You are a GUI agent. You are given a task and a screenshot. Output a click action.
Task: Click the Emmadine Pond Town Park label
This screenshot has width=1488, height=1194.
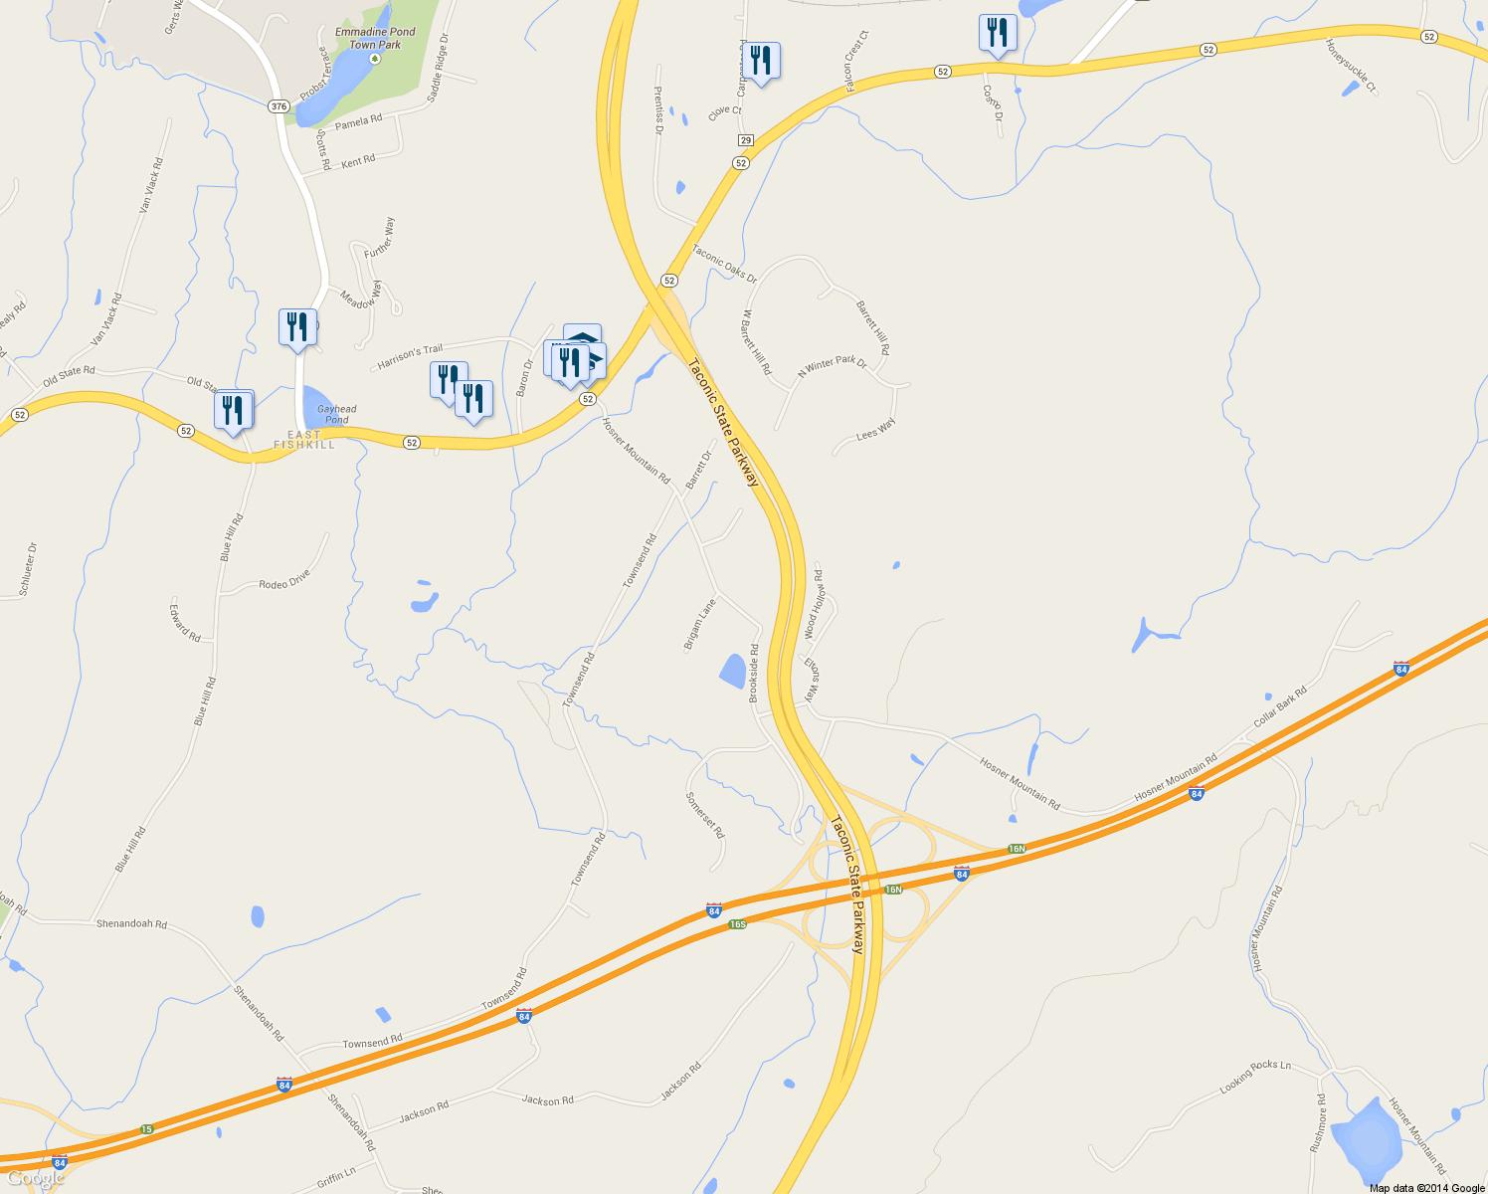click(375, 38)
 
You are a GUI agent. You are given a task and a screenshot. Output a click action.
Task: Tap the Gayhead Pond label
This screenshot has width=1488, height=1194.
click(336, 414)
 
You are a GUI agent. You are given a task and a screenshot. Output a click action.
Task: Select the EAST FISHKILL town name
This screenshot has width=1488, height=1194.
click(304, 440)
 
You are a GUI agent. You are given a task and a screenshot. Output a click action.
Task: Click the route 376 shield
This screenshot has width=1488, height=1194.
click(279, 106)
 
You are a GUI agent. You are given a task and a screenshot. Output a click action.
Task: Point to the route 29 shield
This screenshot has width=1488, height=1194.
click(746, 140)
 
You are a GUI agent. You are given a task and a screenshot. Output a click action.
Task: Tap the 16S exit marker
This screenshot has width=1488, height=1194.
click(737, 924)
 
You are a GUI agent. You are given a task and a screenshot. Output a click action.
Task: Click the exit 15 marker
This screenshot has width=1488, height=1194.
click(147, 1128)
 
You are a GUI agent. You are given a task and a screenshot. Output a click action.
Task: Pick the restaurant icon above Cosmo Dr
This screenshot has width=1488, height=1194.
click(997, 33)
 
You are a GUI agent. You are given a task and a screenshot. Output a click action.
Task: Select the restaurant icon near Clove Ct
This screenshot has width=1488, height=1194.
click(761, 61)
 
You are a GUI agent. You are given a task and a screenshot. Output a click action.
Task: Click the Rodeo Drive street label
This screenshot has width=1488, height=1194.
click(284, 579)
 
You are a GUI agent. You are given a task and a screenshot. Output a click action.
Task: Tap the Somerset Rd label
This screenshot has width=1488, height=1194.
click(705, 815)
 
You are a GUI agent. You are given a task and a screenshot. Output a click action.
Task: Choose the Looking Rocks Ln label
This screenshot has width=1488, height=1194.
click(1255, 1077)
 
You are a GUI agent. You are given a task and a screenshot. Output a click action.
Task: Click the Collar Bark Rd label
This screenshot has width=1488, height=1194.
click(1280, 705)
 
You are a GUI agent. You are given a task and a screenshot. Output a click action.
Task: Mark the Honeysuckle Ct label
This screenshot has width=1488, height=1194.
click(1351, 66)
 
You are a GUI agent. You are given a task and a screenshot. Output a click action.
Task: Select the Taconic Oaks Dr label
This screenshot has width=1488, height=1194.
click(724, 264)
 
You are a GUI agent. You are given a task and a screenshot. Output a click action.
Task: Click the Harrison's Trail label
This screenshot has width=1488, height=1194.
click(410, 357)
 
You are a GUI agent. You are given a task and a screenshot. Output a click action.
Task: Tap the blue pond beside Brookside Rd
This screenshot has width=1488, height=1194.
click(733, 672)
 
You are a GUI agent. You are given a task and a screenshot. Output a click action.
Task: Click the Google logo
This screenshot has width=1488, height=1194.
click(35, 1179)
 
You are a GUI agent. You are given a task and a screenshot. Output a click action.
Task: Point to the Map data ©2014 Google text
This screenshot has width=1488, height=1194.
click(1426, 1188)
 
